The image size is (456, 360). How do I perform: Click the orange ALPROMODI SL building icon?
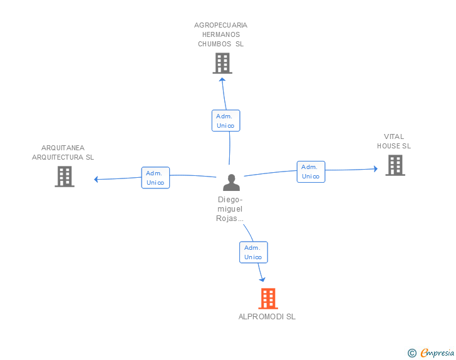click(x=268, y=299)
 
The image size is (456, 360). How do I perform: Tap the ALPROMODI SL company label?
click(x=267, y=317)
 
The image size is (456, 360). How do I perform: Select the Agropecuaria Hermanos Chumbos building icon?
click(x=222, y=63)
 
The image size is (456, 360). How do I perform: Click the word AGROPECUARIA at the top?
click(x=220, y=26)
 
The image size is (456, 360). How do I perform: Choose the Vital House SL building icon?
click(x=395, y=165)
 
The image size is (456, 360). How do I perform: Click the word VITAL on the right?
click(x=394, y=136)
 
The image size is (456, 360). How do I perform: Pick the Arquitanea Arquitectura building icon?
click(x=65, y=177)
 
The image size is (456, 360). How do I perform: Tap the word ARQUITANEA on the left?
click(x=63, y=148)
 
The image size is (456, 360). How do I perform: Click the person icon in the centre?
click(x=231, y=183)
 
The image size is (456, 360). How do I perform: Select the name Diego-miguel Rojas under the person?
click(x=229, y=209)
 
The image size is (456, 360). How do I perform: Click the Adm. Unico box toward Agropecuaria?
click(x=225, y=121)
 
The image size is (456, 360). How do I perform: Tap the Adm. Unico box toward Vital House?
click(x=311, y=172)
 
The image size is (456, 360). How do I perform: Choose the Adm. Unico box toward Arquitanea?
click(x=155, y=178)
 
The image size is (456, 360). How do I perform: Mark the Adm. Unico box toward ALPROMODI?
click(x=253, y=252)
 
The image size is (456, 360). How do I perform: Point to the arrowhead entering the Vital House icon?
click(x=375, y=168)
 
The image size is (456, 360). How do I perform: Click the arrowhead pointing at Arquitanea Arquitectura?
click(x=96, y=180)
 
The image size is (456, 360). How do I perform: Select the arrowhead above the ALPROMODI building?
click(x=262, y=279)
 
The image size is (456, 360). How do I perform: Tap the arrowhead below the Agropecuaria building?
click(x=223, y=80)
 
